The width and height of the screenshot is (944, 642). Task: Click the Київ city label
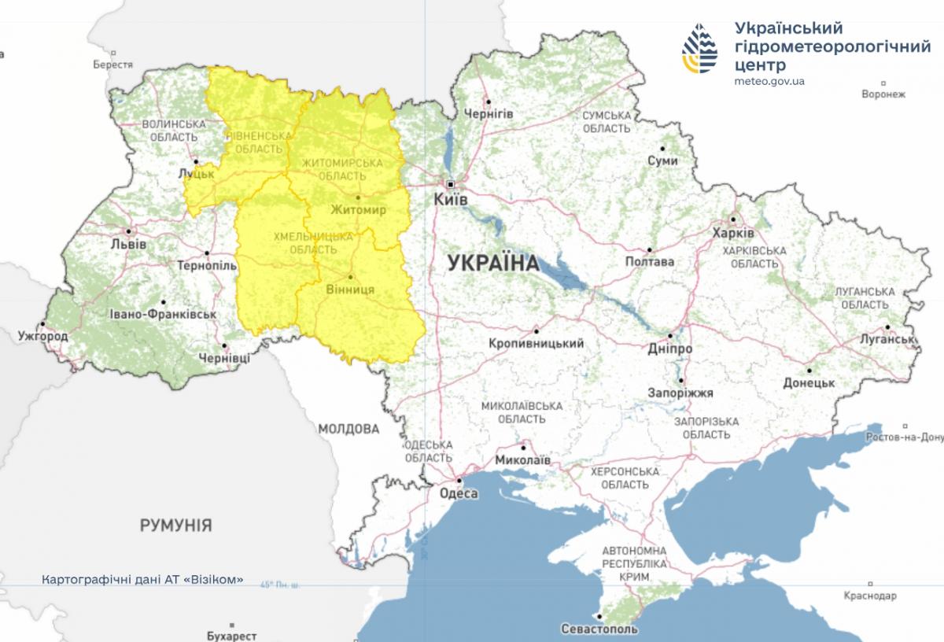[x=451, y=200]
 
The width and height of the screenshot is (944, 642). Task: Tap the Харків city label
[x=732, y=234]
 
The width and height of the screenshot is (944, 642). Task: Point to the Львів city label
[x=129, y=244]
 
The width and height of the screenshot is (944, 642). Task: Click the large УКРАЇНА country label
[x=493, y=264]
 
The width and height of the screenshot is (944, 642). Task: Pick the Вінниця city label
[x=350, y=290]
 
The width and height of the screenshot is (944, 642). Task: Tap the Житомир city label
[x=358, y=211]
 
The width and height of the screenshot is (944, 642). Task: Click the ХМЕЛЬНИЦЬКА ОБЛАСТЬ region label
[x=303, y=242]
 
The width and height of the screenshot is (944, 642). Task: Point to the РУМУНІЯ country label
[x=176, y=525]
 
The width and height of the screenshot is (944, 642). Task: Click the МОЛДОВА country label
[x=348, y=429]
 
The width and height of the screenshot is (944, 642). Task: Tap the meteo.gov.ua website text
[x=769, y=81]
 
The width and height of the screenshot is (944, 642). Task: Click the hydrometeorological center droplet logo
[x=699, y=49]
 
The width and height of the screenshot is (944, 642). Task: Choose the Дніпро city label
[x=670, y=348]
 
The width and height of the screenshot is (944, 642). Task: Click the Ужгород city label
[x=43, y=337]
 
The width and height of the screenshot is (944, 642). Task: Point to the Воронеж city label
[x=883, y=94]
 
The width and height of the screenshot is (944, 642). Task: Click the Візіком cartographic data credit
[x=143, y=580]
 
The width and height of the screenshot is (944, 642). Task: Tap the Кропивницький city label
[x=536, y=344]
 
